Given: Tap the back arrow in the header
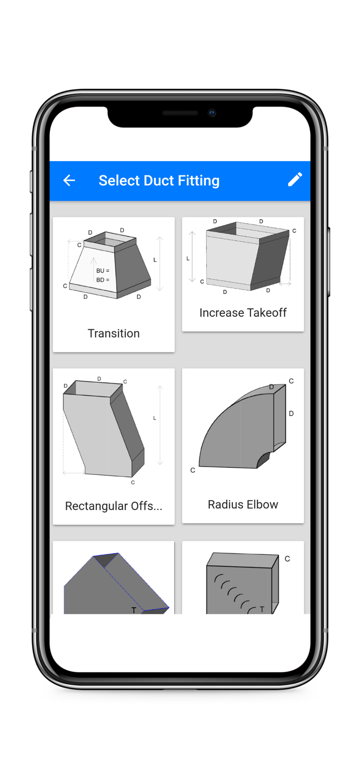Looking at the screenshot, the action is tap(69, 181).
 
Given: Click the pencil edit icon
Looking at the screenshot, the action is tap(295, 180).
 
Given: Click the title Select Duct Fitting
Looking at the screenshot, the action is tap(159, 181).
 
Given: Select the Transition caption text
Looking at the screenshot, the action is tap(114, 333).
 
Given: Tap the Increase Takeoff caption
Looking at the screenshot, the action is tap(243, 313).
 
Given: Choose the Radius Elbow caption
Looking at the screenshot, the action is tap(243, 504).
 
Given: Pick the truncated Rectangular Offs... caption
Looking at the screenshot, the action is tap(114, 506).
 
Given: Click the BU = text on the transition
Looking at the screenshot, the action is tap(103, 271).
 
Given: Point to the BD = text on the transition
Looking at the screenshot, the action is tap(103, 279).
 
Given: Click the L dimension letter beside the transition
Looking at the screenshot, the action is tap(155, 260).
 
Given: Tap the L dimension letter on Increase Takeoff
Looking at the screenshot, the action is tap(188, 258).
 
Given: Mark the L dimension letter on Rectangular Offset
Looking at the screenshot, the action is tap(155, 418).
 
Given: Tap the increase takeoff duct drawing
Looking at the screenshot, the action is tap(247, 256).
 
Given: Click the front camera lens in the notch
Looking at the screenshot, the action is tap(212, 113).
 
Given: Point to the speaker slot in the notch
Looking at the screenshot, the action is tap(180, 113).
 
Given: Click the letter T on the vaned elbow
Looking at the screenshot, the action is tap(262, 609).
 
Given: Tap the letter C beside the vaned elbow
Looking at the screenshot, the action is tap(287, 559).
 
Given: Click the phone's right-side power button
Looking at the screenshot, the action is tap(328, 262).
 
